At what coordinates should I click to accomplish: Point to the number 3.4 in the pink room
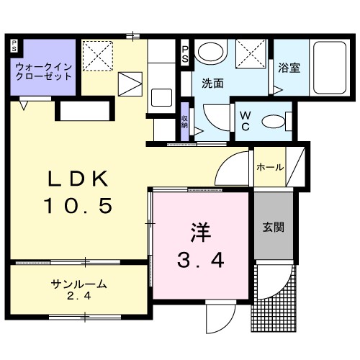tap(200, 259)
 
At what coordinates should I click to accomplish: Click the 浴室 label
tap(288, 68)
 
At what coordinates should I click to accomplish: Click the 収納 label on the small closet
tap(185, 120)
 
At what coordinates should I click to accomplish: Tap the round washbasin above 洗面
tap(210, 52)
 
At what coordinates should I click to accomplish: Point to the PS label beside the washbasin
tap(184, 53)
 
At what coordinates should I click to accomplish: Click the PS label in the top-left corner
tap(14, 46)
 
